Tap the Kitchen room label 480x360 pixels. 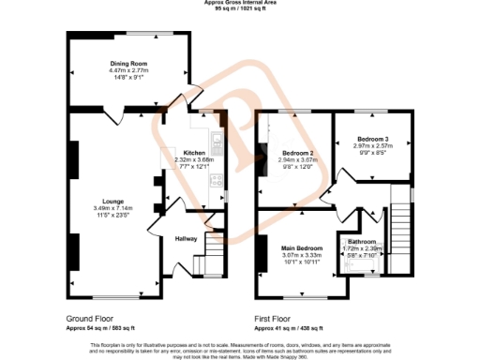click(194, 152)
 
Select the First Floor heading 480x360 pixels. click(279, 320)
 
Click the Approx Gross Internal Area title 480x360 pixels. click(239, 3)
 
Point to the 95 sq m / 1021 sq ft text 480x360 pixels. click(239, 9)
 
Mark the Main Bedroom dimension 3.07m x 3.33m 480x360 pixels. click(301, 256)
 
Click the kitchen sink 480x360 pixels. click(217, 143)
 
